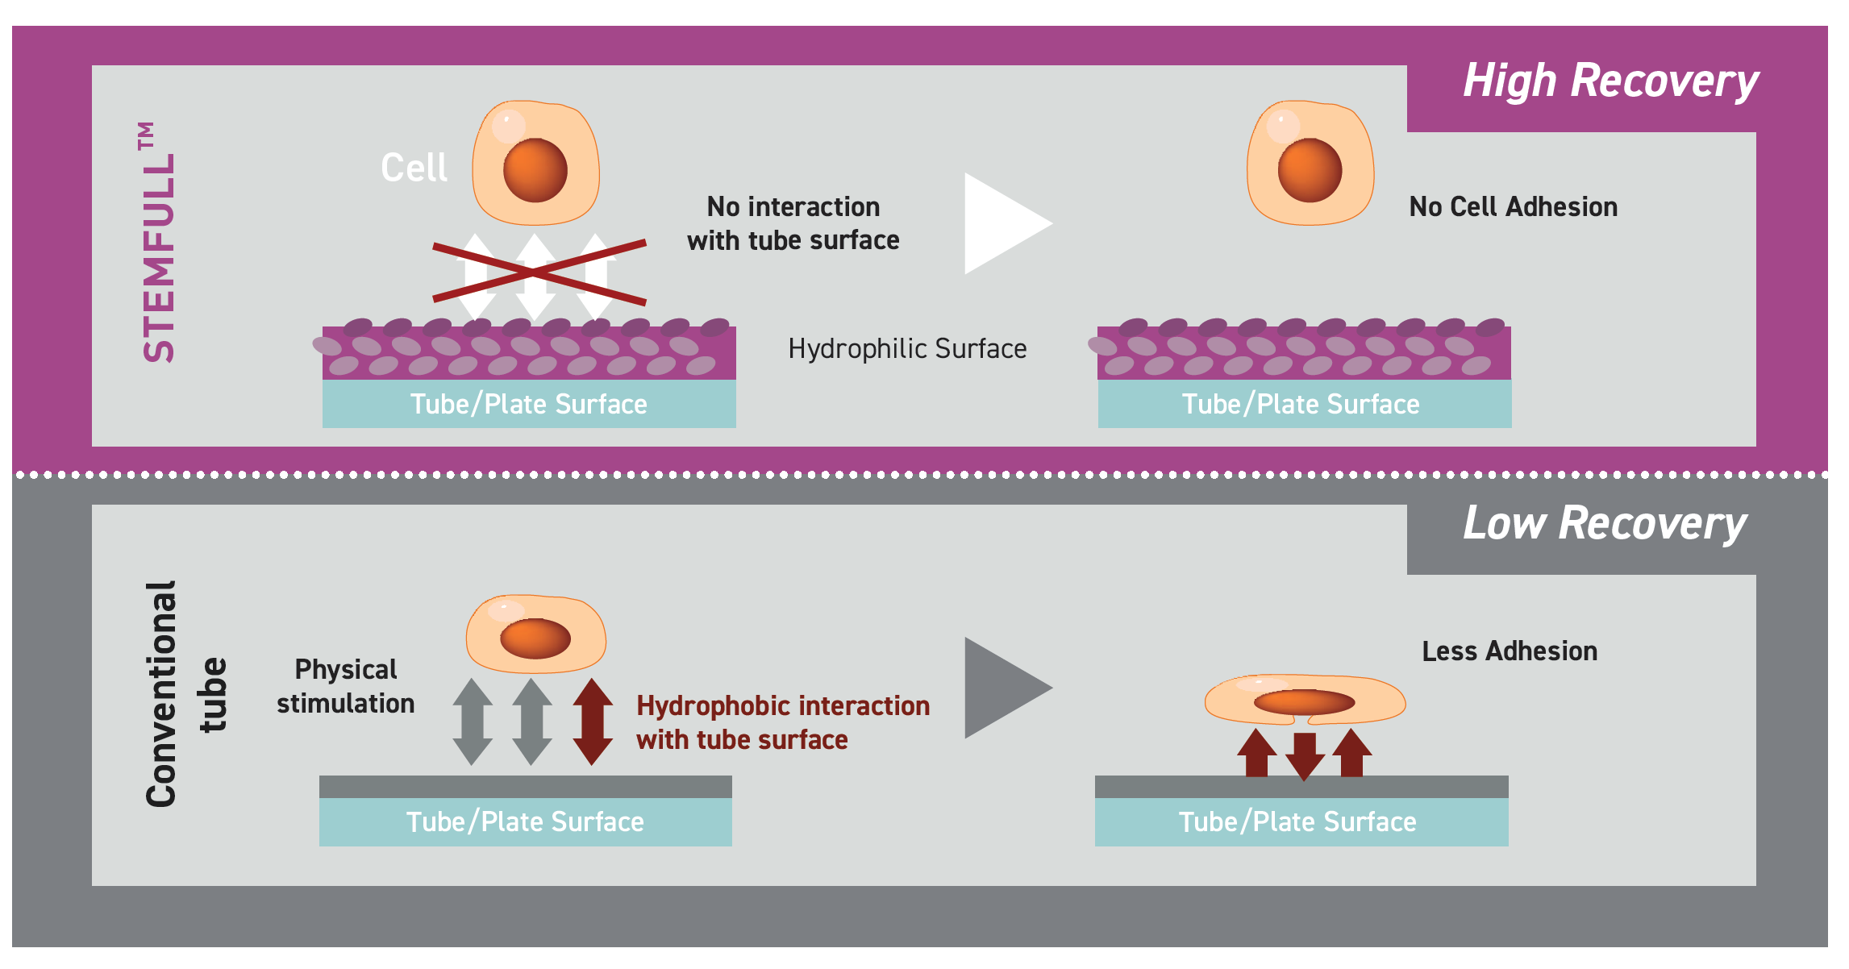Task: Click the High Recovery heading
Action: [1610, 81]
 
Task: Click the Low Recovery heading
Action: [1605, 524]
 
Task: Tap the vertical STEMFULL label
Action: [158, 242]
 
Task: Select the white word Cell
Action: [414, 168]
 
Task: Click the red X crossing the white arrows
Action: [539, 272]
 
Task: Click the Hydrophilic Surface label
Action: [907, 349]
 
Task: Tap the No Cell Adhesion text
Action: [1513, 207]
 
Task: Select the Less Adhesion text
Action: [1509, 651]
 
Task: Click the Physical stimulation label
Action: [345, 686]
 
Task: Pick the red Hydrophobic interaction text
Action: [782, 722]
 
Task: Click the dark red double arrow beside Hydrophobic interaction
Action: [593, 722]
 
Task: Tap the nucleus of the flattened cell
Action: [1304, 702]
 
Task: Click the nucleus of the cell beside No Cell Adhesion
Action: [1310, 170]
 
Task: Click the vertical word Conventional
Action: [161, 693]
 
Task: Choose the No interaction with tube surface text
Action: [793, 223]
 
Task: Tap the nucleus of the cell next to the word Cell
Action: [535, 170]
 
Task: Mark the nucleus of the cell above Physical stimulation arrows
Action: [535, 638]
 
